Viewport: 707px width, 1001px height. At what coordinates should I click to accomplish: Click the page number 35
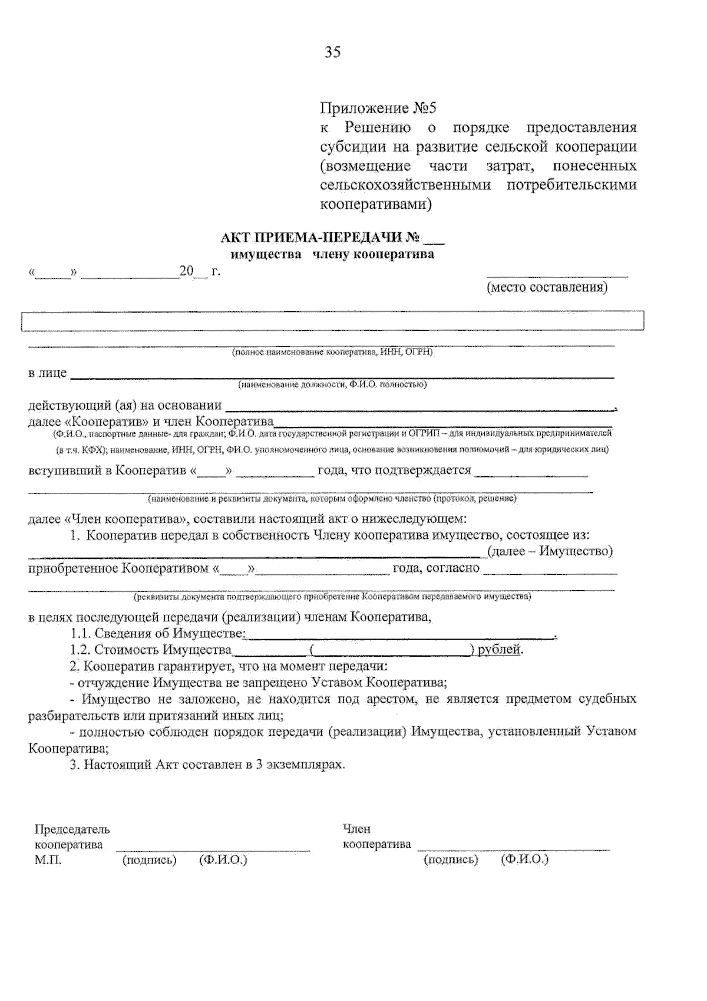[x=332, y=52]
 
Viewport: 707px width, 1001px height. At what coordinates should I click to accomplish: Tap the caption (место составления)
[x=547, y=288]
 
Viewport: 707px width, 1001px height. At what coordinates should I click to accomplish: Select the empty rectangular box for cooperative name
[x=332, y=321]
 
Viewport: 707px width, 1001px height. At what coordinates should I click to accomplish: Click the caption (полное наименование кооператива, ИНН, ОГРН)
[x=332, y=353]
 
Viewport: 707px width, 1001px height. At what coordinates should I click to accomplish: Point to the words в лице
[x=47, y=373]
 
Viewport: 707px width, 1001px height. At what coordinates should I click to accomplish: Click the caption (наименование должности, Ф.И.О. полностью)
[x=332, y=385]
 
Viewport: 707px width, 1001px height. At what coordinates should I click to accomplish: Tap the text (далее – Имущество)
[x=550, y=551]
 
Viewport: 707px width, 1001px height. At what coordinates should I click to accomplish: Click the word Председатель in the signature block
[x=72, y=829]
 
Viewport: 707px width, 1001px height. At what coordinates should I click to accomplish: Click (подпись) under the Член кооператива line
[x=451, y=860]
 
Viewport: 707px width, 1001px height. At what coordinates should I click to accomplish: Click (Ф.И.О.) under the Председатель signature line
[x=223, y=860]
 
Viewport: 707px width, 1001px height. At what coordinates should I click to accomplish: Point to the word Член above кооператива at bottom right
[x=356, y=829]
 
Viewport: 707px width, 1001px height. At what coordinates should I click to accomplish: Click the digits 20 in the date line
[x=186, y=272]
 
